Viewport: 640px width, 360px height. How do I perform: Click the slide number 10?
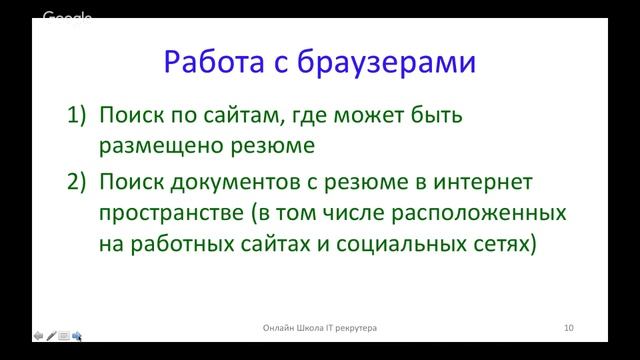pyautogui.click(x=568, y=327)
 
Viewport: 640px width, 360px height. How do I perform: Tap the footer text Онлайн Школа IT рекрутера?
pyautogui.click(x=320, y=327)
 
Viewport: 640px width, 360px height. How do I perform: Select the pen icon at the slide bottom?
pyautogui.click(x=50, y=335)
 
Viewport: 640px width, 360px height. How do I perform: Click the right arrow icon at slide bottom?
pyautogui.click(x=76, y=335)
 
